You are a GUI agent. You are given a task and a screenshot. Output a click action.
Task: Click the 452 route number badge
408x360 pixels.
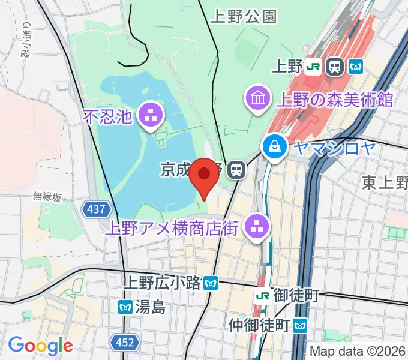coord(124,343)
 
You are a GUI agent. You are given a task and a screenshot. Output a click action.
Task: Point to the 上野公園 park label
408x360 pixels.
coord(244,17)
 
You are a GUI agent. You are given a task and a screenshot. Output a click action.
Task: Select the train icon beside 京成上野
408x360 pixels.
coord(238,170)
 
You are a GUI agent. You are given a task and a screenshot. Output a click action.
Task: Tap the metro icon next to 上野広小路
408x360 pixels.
coord(210,282)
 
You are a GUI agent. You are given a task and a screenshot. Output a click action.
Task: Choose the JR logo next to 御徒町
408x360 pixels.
coord(262,295)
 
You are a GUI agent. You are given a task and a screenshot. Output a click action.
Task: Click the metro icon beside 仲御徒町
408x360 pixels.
coord(300,326)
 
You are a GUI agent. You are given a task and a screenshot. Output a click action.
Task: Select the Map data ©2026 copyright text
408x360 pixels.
coord(358,351)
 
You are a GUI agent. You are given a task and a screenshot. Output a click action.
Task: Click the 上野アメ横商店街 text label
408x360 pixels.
coord(172,228)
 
